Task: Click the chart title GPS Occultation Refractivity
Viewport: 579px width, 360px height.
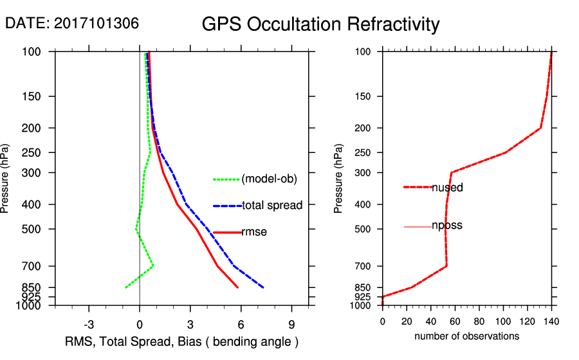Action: pyautogui.click(x=320, y=24)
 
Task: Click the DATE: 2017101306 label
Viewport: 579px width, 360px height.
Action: pyautogui.click(x=72, y=23)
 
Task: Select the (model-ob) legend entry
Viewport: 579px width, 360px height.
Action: pyautogui.click(x=269, y=179)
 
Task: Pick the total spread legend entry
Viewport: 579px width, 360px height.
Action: pyautogui.click(x=272, y=206)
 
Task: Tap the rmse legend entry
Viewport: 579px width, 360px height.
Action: pyautogui.click(x=253, y=232)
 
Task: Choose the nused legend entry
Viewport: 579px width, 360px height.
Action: pyautogui.click(x=447, y=188)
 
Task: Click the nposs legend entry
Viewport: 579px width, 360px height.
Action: pyautogui.click(x=447, y=226)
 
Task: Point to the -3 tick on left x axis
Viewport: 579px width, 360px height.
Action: pyautogui.click(x=89, y=324)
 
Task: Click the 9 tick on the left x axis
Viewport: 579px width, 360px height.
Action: pyautogui.click(x=292, y=324)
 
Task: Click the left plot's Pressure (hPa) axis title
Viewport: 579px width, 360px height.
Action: pyautogui.click(x=6, y=179)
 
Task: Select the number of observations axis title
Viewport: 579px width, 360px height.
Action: pyautogui.click(x=466, y=336)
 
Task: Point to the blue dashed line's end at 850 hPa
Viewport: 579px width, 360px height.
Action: pyautogui.click(x=263, y=287)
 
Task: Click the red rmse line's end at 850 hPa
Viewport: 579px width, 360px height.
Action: pyautogui.click(x=238, y=287)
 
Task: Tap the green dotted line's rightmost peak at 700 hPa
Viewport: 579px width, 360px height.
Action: pyautogui.click(x=153, y=265)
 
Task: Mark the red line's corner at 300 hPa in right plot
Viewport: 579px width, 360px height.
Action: pyautogui.click(x=452, y=172)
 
